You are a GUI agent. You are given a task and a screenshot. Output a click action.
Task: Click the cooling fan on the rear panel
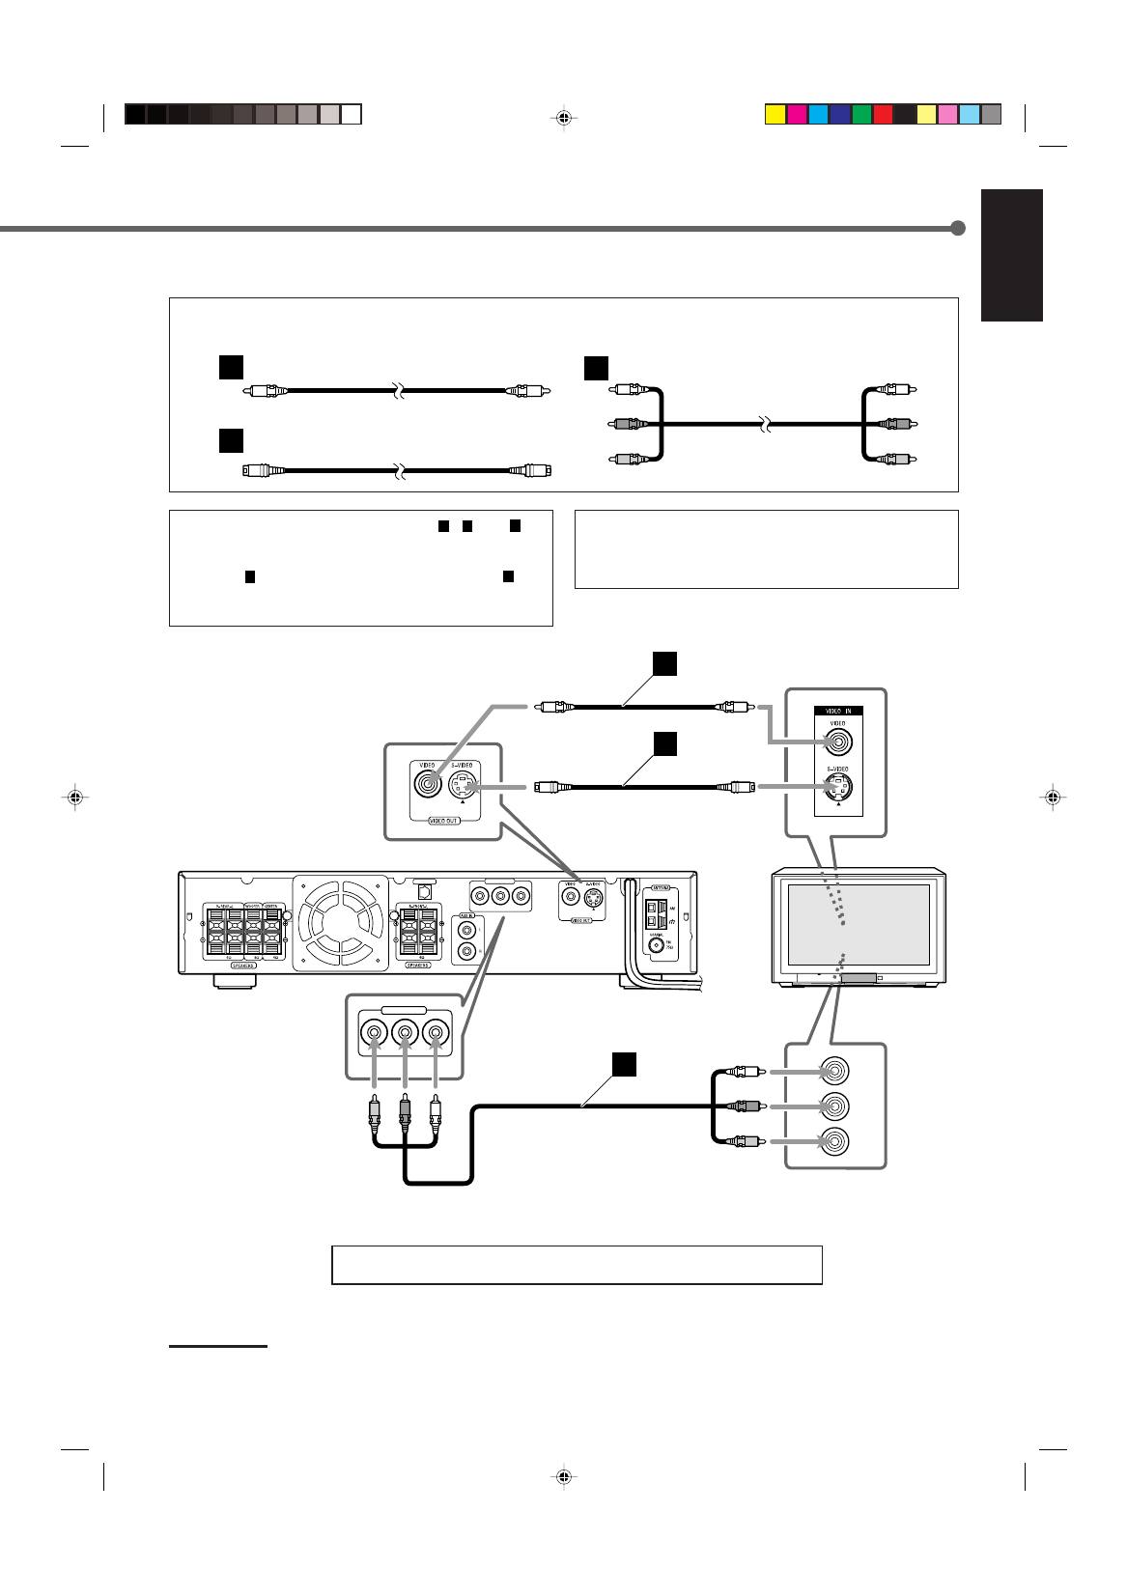coord(340,922)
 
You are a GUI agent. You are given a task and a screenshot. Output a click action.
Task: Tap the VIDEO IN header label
coord(837,710)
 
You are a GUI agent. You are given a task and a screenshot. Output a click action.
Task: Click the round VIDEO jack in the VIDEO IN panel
coord(837,742)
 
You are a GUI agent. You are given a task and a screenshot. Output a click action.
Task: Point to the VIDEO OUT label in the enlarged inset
coord(443,820)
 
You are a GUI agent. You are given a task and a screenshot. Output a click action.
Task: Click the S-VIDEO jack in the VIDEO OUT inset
coord(465,784)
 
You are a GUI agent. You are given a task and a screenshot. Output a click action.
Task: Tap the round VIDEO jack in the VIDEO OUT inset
coord(426,783)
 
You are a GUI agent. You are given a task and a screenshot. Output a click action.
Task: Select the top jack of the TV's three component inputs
coord(834,1072)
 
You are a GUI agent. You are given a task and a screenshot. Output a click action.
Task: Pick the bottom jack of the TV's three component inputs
coord(834,1141)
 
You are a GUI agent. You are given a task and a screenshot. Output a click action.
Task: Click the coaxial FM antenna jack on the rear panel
coord(657,945)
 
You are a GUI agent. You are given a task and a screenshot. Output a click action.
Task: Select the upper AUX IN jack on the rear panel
coord(467,931)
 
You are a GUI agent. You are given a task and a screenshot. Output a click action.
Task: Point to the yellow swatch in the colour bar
coord(775,115)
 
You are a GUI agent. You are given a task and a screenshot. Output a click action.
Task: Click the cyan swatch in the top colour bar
coord(817,115)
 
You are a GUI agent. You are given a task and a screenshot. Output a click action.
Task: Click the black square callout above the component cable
coord(624,1063)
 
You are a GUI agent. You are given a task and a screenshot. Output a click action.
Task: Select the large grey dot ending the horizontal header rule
coord(958,229)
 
